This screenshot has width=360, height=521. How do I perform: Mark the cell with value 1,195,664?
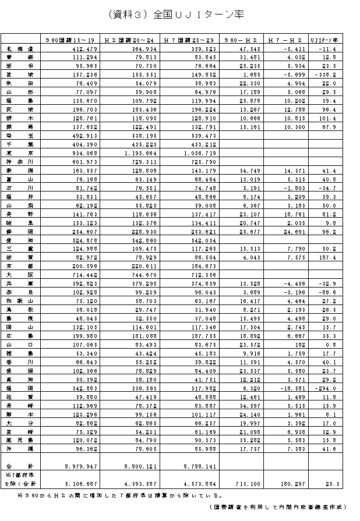click(136, 153)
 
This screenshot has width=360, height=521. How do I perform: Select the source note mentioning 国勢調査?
click(279, 507)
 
